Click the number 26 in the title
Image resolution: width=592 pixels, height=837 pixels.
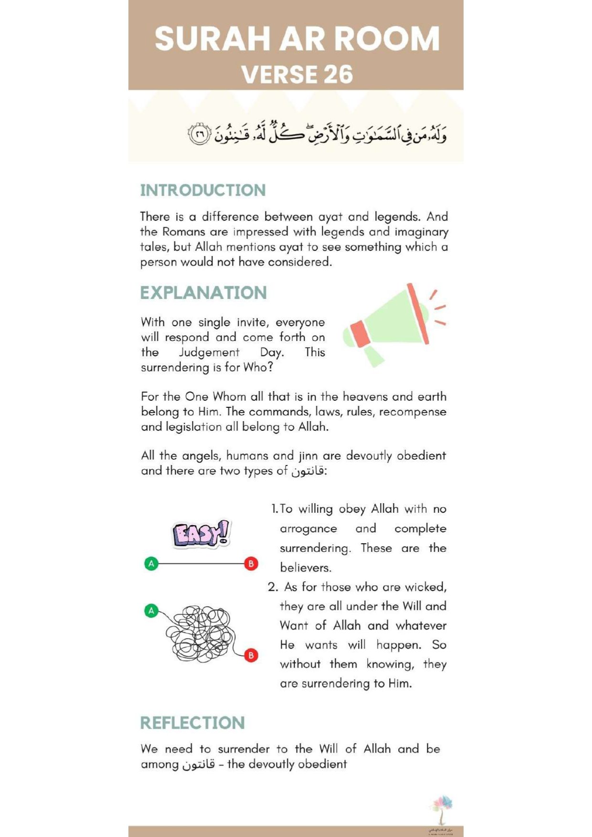coord(338,75)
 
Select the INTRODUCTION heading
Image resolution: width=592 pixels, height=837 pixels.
coord(203,190)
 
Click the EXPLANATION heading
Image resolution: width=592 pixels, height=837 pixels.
coord(203,293)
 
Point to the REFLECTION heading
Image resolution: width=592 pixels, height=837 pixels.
coord(192,723)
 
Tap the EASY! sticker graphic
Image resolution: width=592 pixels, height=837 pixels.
coord(201,533)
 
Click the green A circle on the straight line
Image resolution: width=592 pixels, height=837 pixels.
coord(151,564)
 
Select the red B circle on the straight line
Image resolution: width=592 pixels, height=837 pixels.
coord(251,564)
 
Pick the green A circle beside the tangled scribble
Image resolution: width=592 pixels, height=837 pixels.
coord(151,610)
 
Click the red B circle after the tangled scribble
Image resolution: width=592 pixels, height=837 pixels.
coord(251,655)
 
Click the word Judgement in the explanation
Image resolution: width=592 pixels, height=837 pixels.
coord(209,352)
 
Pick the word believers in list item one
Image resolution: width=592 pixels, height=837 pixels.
coord(305,568)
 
